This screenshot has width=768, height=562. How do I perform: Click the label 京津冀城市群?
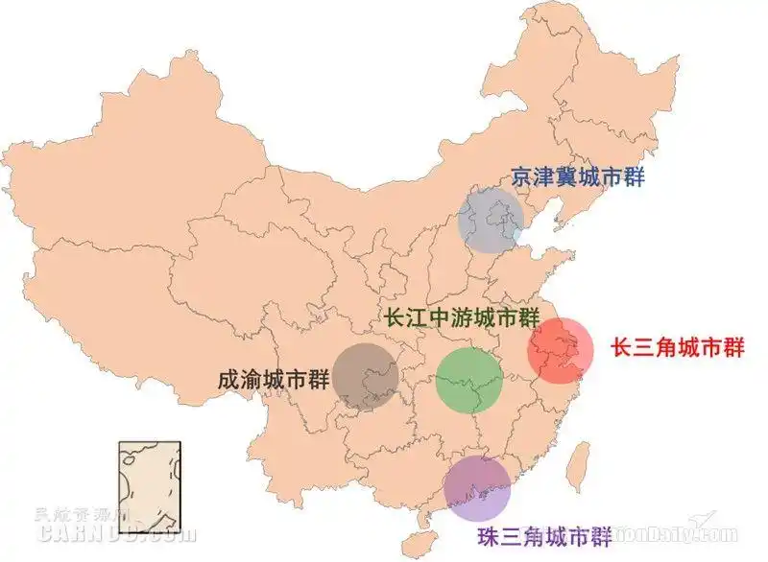point(577,177)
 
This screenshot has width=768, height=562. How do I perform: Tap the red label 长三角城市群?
point(678,347)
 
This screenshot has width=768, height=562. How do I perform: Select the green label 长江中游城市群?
point(462,318)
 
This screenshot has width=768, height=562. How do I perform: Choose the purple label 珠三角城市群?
point(544,535)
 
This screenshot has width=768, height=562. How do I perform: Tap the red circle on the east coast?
point(561,351)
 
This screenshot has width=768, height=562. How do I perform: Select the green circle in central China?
point(469,379)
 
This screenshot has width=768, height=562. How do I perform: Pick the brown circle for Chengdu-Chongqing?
point(366,376)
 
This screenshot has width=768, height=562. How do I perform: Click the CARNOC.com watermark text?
point(115,529)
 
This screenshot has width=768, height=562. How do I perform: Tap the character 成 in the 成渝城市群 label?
point(230,379)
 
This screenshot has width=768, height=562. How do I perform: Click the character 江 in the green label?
point(418,318)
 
